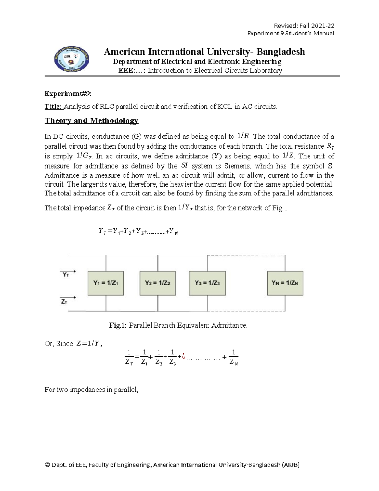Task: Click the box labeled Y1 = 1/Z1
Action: [x=106, y=283]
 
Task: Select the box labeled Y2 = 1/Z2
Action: [x=158, y=283]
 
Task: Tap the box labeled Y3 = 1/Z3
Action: [x=207, y=283]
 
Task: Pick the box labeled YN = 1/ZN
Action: [x=285, y=283]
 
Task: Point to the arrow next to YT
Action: [x=71, y=271]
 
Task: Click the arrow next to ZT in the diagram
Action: [x=71, y=297]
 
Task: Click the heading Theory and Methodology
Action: [x=91, y=120]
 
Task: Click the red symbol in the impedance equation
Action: [x=183, y=356]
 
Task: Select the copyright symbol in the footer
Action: [x=48, y=465]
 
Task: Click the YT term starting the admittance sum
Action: [x=102, y=232]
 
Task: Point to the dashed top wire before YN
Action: [x=246, y=255]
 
